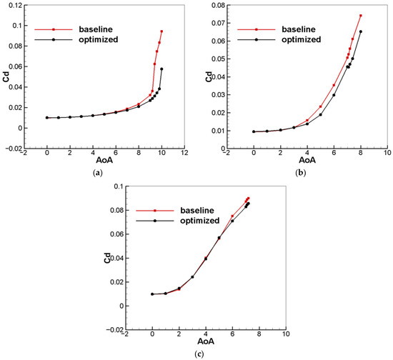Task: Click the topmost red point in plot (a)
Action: pos(161,31)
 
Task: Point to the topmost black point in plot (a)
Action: pos(161,69)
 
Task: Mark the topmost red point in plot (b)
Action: pos(361,16)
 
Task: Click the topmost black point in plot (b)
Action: pos(361,31)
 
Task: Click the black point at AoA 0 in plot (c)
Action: pos(152,294)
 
